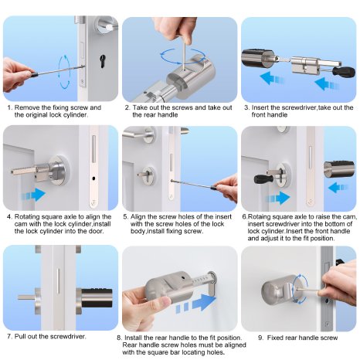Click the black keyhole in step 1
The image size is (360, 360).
103,61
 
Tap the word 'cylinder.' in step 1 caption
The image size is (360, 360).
76,115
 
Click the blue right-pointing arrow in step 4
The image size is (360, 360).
33,194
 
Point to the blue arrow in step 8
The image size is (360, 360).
196,304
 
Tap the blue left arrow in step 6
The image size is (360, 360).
338,188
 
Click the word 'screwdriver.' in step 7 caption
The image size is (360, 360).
69,336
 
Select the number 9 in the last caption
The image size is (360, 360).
260,338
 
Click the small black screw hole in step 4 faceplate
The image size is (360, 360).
93,178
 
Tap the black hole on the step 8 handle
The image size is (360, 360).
183,278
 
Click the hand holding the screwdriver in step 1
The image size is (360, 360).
17,75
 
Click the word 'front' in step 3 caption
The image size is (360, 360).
259,115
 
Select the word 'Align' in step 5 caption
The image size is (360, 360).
138,217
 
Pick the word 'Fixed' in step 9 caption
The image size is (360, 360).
275,338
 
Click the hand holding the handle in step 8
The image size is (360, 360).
144,307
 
